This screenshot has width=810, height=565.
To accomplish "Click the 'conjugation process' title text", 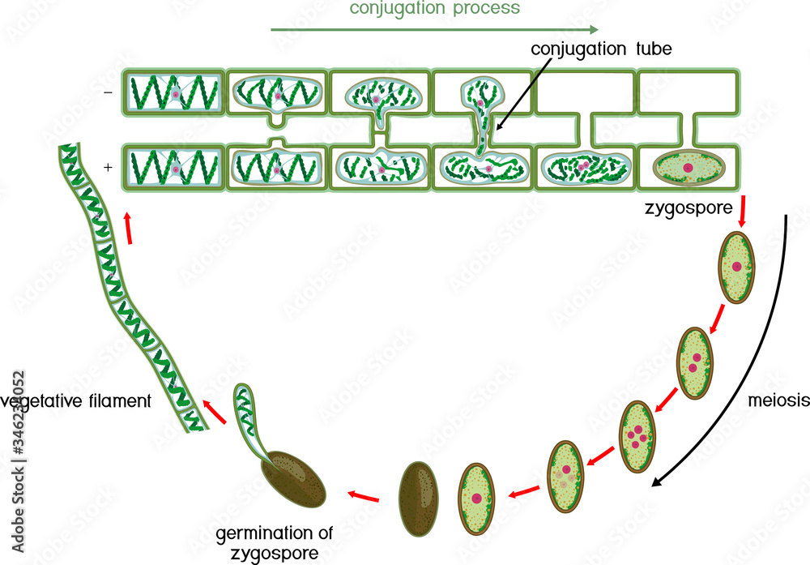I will coord(434,10).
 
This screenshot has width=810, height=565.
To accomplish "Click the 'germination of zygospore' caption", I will coord(274,543).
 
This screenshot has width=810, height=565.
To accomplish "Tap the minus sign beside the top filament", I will coord(108,93).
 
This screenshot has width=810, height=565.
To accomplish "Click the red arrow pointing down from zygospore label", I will coord(742,213).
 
